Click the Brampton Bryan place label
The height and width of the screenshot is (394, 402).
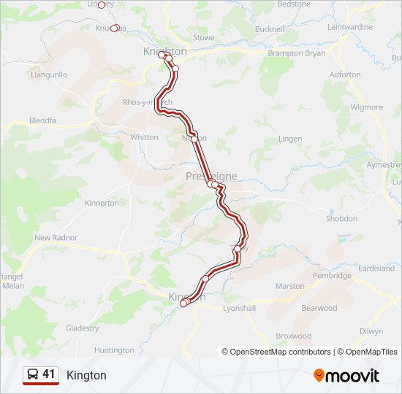tap(297, 53)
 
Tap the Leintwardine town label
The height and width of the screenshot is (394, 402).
tap(350, 27)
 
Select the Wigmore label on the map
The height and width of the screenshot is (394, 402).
tap(366, 107)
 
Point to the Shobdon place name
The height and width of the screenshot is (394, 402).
tap(341, 218)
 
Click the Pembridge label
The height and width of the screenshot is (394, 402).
tap(332, 276)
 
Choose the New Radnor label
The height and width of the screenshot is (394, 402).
tap(56, 238)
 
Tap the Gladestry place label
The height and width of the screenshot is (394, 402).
tap(82, 328)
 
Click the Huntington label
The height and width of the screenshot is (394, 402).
tap(114, 350)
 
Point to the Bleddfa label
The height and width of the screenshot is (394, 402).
tap(42, 121)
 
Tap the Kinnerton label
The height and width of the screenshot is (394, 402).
tap(102, 203)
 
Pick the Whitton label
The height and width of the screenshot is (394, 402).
tap(143, 136)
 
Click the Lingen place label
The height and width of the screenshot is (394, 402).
tap(290, 139)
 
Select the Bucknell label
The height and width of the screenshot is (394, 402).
tap(270, 29)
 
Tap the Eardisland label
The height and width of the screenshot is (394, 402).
tap(376, 269)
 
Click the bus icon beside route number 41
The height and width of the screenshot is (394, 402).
tap(33, 374)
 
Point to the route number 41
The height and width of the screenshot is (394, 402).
tap(49, 374)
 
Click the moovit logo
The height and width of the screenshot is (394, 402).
tap(346, 376)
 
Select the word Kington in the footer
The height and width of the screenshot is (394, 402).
tap(86, 375)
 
